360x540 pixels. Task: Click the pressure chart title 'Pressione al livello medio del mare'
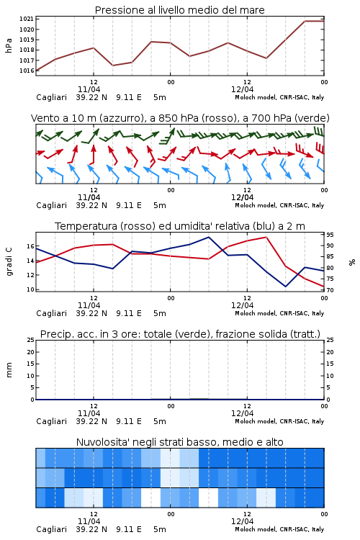(180, 10)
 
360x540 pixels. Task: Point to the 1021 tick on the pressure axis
(27, 19)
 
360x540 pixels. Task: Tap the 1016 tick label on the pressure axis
(27, 71)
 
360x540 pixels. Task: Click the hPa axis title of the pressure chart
(9, 45)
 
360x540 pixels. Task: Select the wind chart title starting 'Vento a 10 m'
(180, 118)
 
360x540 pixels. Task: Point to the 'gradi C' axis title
(9, 261)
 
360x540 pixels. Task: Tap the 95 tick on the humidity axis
(330, 235)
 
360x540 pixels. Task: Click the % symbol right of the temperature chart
(352, 262)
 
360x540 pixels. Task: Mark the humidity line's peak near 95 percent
(208, 237)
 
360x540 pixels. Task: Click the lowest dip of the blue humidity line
(285, 287)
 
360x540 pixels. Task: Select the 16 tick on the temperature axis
(30, 246)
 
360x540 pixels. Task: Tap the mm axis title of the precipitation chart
(9, 370)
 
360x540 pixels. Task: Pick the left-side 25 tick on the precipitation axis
(30, 340)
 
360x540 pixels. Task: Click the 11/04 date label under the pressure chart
(89, 89)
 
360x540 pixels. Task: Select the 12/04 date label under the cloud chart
(242, 521)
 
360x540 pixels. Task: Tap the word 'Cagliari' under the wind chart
(51, 205)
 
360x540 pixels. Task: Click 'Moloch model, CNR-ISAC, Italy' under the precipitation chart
(279, 421)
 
